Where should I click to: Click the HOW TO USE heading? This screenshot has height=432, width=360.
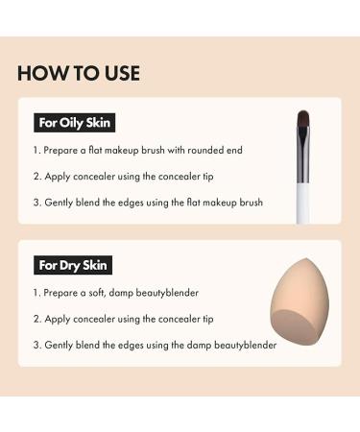tap(79, 73)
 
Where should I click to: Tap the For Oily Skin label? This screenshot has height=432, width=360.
tap(74, 123)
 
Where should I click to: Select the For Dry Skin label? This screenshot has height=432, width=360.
tap(73, 264)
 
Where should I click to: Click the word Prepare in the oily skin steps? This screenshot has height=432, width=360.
tap(64, 151)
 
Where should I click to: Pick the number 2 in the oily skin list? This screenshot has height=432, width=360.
tap(37, 177)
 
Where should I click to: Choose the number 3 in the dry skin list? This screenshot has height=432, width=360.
tap(36, 345)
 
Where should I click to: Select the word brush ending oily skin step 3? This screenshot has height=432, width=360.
tap(247, 203)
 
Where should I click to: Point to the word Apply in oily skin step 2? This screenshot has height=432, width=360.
tap(60, 177)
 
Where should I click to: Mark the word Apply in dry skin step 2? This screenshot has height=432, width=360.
tap(60, 319)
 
